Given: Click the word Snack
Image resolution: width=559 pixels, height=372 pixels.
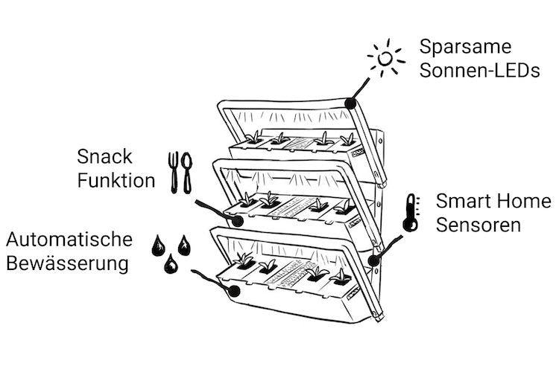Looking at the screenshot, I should click(x=105, y=157).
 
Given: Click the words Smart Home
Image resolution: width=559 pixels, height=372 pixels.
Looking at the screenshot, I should click(x=493, y=201).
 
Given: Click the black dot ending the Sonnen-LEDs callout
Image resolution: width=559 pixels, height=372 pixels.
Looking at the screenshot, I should click(x=350, y=103).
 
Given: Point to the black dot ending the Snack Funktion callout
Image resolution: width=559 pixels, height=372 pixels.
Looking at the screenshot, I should click(x=237, y=220).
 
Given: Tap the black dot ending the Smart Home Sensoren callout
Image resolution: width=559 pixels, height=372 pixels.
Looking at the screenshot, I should click(x=372, y=260).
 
